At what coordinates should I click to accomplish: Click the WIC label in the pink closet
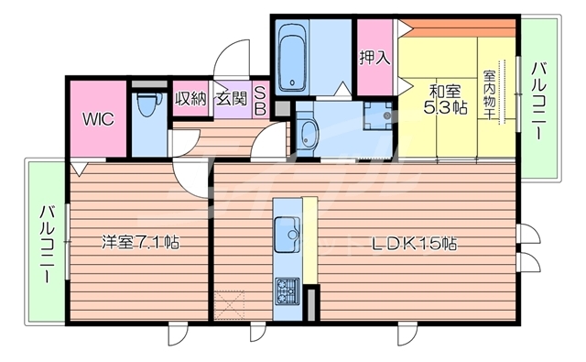[x=98, y=118]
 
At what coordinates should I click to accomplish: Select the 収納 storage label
[x=190, y=98]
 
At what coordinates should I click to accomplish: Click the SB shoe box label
[x=261, y=98]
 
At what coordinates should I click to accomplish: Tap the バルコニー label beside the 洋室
[x=44, y=242]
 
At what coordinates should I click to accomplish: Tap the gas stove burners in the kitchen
[x=288, y=292]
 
